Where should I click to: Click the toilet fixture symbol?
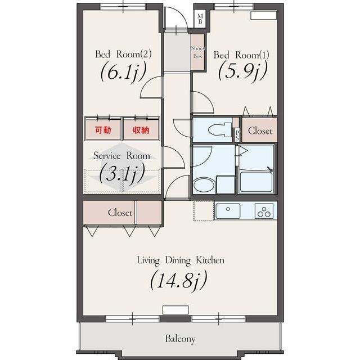(x=220, y=130)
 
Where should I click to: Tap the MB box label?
(x=200, y=19)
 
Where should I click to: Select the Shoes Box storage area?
(x=197, y=52)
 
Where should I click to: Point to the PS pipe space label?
(x=237, y=136)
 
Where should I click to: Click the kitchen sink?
(x=228, y=211)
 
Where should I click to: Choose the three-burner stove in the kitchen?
(x=264, y=211)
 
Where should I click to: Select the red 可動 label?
(x=103, y=130)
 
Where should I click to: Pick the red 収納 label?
(x=141, y=130)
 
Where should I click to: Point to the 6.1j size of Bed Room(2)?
(x=123, y=71)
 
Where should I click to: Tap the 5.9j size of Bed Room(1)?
(x=243, y=71)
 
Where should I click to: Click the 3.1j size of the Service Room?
(x=123, y=173)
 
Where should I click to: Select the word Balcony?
(x=180, y=339)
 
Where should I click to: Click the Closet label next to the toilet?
(x=260, y=130)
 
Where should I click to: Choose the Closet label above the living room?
(x=120, y=213)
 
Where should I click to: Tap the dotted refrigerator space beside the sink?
(x=204, y=211)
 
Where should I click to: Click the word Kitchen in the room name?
(x=210, y=260)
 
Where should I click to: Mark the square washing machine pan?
(x=226, y=185)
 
